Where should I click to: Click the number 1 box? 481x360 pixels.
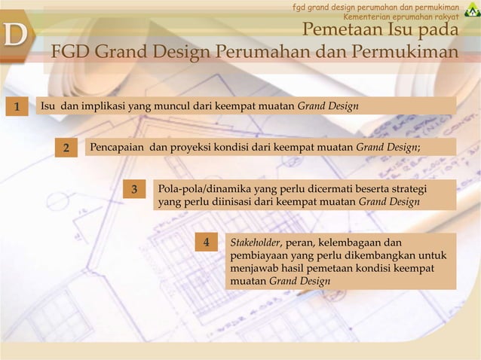[x=14, y=105]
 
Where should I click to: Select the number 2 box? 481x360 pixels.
[x=66, y=147]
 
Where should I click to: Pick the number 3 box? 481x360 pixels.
[x=134, y=189]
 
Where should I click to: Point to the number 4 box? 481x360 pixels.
[x=205, y=243]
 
